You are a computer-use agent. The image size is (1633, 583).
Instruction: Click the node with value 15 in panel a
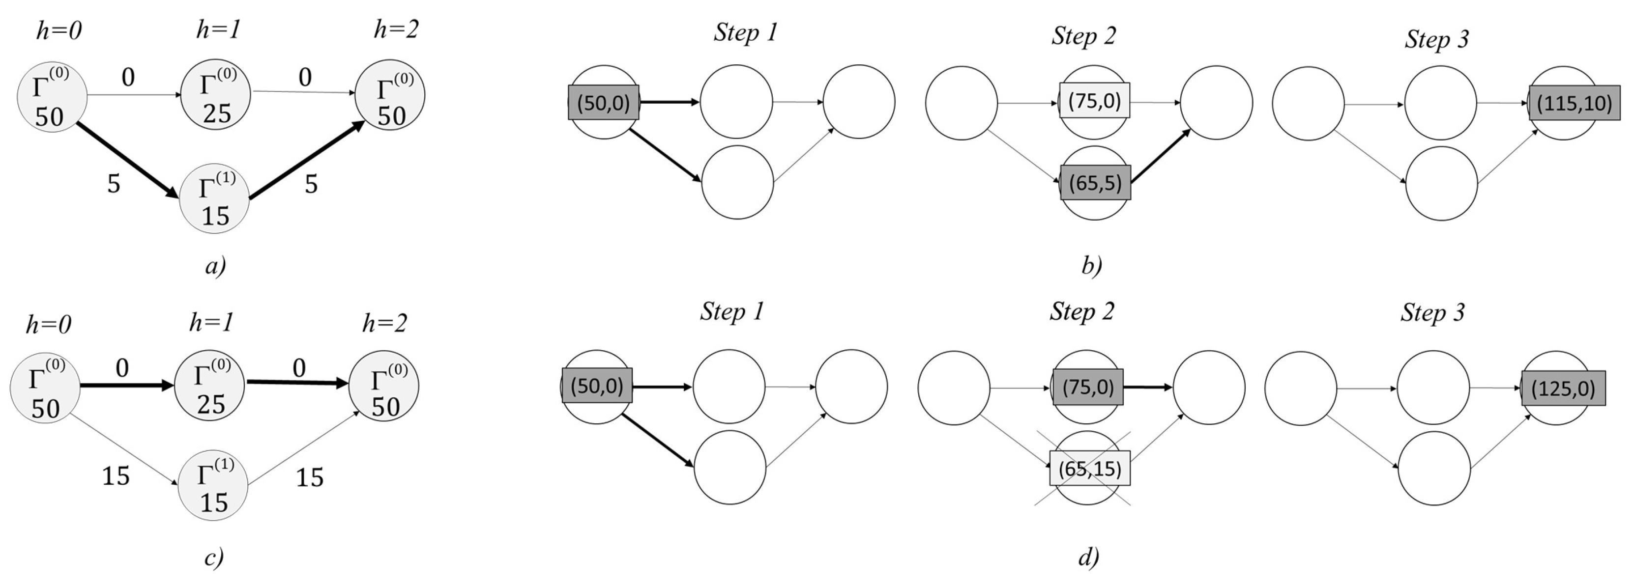coord(214,199)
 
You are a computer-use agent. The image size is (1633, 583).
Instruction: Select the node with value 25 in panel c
coord(210,387)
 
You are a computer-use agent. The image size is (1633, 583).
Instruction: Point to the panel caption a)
coord(215,266)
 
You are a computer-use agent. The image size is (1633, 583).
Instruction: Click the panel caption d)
coord(1088,556)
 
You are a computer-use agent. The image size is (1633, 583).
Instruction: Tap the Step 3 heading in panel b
coord(1436,39)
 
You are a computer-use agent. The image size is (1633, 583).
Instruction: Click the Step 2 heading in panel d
coord(1081,311)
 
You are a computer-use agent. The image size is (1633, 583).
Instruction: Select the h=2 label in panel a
coord(396,29)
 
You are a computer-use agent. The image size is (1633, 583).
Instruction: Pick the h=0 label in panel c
coord(48,325)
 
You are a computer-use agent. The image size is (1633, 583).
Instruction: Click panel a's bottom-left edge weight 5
coord(114,184)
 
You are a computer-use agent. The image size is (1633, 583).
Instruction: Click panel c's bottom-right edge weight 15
coord(309,477)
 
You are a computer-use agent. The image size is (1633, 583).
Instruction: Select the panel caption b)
coord(1091,265)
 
